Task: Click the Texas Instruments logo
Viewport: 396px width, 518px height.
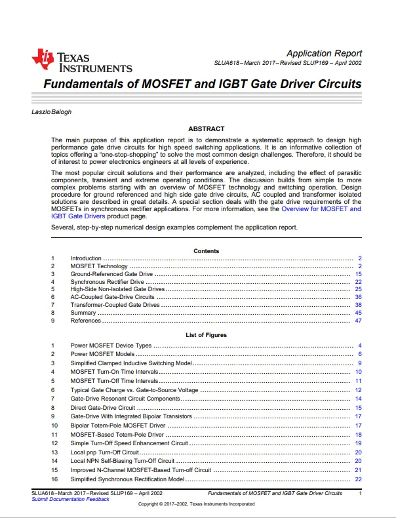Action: click(x=81, y=60)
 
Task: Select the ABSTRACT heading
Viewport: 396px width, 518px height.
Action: click(x=206, y=129)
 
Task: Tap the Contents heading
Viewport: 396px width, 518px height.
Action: click(x=207, y=251)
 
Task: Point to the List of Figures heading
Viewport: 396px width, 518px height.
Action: click(x=206, y=335)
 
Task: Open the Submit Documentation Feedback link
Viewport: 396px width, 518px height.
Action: click(x=70, y=500)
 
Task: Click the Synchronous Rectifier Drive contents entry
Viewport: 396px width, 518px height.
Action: click(x=107, y=281)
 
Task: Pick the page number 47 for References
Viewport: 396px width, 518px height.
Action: click(x=358, y=321)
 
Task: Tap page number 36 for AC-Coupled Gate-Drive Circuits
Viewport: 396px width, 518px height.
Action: click(x=358, y=297)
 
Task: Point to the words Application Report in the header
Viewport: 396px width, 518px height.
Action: click(x=324, y=53)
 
